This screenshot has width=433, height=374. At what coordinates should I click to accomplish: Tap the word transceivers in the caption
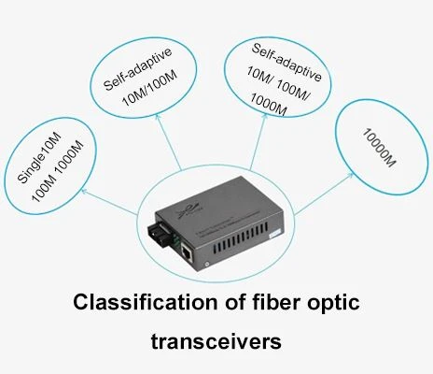tap(216, 341)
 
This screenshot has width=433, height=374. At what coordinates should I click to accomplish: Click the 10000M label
tap(379, 147)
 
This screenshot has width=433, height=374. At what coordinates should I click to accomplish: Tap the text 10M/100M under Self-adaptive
tap(149, 88)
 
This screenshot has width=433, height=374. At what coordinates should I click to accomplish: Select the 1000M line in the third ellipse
tap(268, 105)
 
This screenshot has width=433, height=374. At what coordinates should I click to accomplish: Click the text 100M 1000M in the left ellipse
tap(58, 171)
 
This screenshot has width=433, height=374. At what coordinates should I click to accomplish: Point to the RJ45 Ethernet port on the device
tap(187, 250)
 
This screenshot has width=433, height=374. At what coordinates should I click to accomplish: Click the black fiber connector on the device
tap(159, 232)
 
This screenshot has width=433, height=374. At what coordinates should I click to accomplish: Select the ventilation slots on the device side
tap(241, 237)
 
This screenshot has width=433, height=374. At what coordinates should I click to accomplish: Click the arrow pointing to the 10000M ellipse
tap(324, 194)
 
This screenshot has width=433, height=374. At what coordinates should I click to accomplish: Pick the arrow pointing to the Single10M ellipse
tap(109, 202)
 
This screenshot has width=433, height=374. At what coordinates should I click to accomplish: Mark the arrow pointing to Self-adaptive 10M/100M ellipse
tap(168, 142)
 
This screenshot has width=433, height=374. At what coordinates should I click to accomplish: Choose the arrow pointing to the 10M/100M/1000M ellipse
tap(258, 141)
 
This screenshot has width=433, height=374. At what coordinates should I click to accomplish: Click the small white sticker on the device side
tap(274, 234)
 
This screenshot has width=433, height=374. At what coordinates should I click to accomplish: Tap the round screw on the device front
tap(206, 264)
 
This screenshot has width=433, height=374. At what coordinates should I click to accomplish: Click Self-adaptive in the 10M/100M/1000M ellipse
tap(286, 63)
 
